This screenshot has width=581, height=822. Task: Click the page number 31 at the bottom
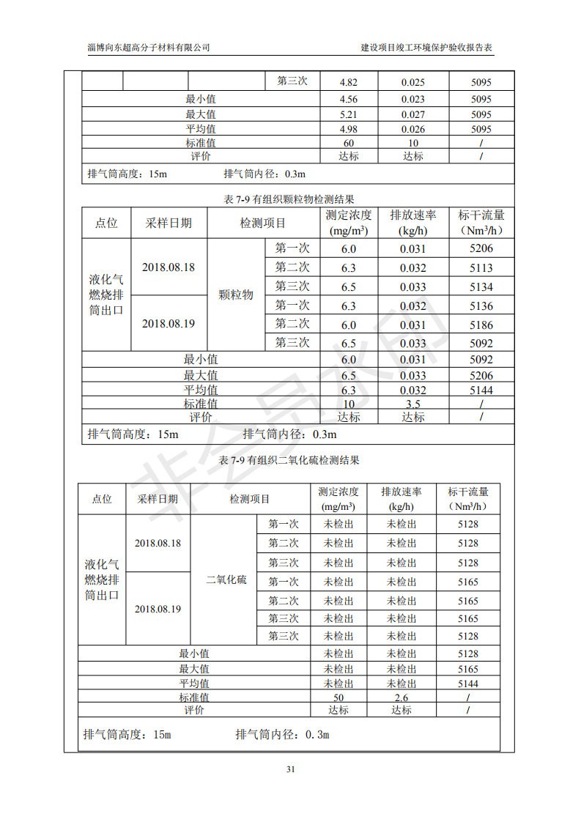click(291, 769)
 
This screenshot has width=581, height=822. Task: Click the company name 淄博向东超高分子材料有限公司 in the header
click(149, 47)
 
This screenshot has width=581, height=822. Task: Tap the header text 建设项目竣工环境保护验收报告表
click(427, 47)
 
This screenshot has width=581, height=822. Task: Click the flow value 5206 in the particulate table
click(481, 249)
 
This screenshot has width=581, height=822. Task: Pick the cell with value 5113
click(481, 268)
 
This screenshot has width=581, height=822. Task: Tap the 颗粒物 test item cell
click(236, 295)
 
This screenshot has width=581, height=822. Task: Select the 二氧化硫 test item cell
click(226, 580)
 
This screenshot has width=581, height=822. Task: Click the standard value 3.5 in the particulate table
click(412, 404)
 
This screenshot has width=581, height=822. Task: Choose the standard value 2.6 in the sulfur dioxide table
click(401, 697)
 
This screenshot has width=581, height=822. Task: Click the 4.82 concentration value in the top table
click(349, 83)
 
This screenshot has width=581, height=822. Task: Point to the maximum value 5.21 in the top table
click(349, 114)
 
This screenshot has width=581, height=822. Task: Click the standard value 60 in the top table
click(349, 144)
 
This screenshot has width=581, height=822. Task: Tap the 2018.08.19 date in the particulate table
click(169, 323)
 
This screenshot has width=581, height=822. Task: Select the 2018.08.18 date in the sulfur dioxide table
click(158, 544)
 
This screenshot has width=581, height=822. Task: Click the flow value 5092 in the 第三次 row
click(481, 343)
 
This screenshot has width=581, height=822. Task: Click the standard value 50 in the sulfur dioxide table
click(338, 697)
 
